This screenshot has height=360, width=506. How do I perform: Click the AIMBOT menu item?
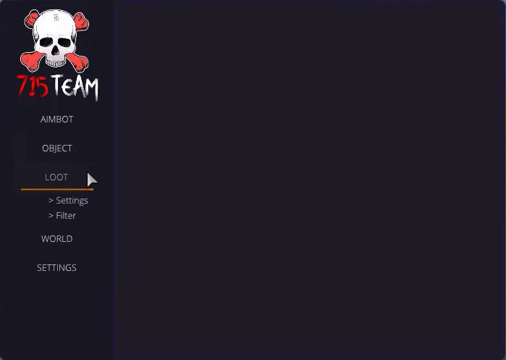[56, 119]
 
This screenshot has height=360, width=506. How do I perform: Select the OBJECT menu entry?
[56, 148]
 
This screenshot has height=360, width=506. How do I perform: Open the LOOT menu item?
[56, 177]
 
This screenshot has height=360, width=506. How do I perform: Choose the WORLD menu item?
[56, 238]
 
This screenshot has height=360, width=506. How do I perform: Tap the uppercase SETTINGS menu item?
[56, 268]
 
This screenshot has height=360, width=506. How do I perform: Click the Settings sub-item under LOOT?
[69, 201]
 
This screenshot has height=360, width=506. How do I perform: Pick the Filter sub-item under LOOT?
[62, 215]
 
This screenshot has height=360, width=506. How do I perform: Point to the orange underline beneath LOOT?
[57, 190]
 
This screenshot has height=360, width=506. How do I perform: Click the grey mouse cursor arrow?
[92, 180]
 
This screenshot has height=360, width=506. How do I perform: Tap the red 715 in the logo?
[33, 86]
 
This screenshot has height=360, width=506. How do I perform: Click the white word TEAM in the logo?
[75, 86]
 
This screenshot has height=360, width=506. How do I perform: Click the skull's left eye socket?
[46, 42]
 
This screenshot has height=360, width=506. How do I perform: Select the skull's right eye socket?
[64, 42]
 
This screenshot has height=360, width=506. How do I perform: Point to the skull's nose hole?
[56, 51]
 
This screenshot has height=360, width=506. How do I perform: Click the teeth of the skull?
[56, 62]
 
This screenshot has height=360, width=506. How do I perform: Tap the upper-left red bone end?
[32, 19]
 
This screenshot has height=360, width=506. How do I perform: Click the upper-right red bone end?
[81, 22]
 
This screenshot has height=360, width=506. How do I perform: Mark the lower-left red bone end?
[30, 61]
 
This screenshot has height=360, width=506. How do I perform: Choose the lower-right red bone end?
[79, 62]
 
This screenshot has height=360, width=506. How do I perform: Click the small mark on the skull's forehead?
[56, 17]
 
